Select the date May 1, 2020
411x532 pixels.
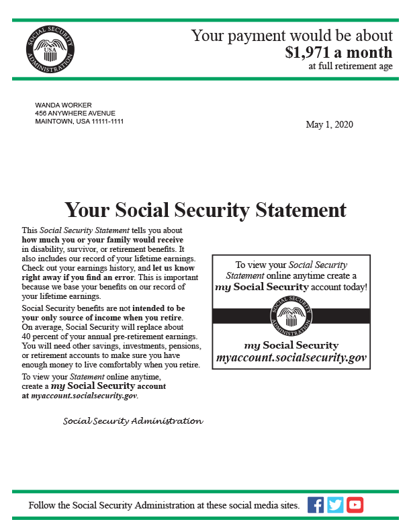tap(329, 124)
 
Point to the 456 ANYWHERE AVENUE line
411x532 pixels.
tap(75, 113)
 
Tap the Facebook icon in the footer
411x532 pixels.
tap(316, 505)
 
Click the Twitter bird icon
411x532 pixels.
tap(335, 505)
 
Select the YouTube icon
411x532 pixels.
tap(355, 505)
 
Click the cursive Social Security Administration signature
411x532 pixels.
tap(132, 421)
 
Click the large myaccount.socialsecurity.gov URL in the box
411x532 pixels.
tap(291, 358)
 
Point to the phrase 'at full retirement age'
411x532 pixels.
tap(351, 66)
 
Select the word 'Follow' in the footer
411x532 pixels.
tap(42, 505)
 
